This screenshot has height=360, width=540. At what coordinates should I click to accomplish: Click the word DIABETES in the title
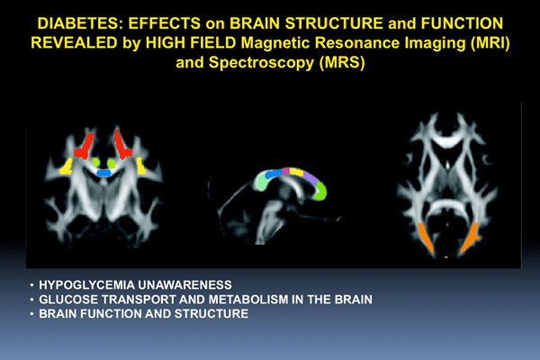pyautogui.click(x=80, y=23)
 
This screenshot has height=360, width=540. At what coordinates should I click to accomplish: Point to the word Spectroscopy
pyautogui.click(x=261, y=63)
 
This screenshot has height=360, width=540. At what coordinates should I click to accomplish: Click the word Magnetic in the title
pyautogui.click(x=275, y=43)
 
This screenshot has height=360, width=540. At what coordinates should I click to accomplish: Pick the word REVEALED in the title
pyautogui.click(x=75, y=43)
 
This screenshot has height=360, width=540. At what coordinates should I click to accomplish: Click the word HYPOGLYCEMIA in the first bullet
pyautogui.click(x=86, y=285)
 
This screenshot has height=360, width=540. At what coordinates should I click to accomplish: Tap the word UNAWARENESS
pyautogui.click(x=184, y=285)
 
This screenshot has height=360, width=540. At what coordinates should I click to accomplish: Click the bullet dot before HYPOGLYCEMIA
pyautogui.click(x=32, y=285)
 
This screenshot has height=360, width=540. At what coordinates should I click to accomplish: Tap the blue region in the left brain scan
pyautogui.click(x=103, y=173)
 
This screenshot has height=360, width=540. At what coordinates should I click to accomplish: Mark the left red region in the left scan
pyautogui.click(x=84, y=146)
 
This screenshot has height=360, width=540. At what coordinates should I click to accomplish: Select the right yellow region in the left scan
pyautogui.click(x=140, y=166)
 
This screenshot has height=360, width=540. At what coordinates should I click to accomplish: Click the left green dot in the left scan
pyautogui.click(x=96, y=162)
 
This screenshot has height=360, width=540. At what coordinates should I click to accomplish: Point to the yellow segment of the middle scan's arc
pyautogui.click(x=296, y=172)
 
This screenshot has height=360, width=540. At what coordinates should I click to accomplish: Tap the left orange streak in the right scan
pyautogui.click(x=427, y=239)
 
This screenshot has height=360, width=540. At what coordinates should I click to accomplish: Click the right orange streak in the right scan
pyautogui.click(x=469, y=238)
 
